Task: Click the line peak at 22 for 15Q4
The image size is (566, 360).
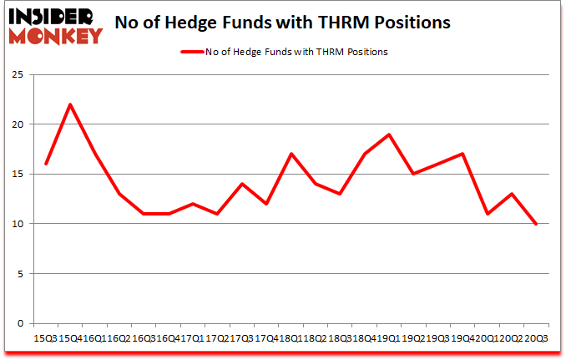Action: [71, 104]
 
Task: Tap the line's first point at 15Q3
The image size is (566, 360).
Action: [47, 164]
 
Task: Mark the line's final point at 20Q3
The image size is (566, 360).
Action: [535, 224]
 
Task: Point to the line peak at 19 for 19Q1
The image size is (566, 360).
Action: [389, 134]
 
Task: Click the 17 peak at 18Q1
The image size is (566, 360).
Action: [291, 154]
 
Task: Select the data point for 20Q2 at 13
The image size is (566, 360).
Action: [511, 194]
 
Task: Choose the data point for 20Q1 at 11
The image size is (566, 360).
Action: [487, 214]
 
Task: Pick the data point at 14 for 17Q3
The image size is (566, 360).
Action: [242, 184]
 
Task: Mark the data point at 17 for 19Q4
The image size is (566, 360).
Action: [462, 154]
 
